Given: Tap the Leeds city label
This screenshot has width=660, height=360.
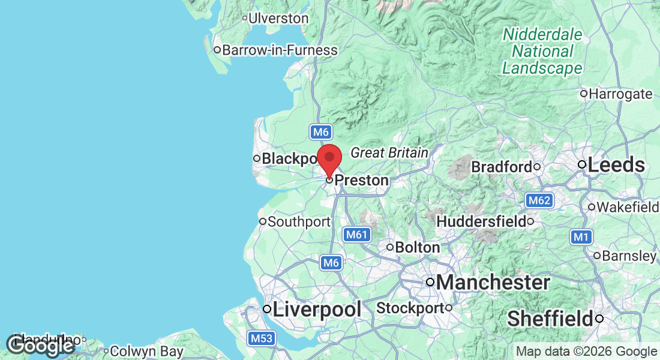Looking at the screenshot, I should (x=616, y=165).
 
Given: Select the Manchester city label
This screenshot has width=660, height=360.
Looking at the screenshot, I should (x=493, y=282).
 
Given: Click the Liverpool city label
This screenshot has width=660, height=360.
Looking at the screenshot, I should (x=317, y=310).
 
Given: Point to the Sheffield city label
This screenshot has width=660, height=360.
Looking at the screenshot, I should (x=550, y=319).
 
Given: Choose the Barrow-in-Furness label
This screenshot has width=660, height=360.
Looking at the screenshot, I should (x=280, y=50).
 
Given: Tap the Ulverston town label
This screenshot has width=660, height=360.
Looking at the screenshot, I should (x=278, y=18).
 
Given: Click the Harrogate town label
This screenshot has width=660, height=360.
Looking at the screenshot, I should (x=620, y=94).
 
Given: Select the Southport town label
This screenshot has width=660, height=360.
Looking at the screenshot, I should (x=299, y=222).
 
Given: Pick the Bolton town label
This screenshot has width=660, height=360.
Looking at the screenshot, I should (x=418, y=247).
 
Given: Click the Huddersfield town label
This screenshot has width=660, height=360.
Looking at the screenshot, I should (x=481, y=222).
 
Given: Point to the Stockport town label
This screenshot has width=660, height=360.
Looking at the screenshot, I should (x=410, y=308).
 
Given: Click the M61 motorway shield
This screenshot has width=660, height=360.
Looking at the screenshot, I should (x=356, y=235).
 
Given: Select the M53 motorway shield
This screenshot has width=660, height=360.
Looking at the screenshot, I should (x=262, y=338).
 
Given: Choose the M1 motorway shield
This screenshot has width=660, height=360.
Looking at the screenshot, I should (x=580, y=237).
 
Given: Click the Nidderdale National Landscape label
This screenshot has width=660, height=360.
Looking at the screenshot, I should (x=542, y=52).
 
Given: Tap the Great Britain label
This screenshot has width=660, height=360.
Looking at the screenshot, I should (x=389, y=153).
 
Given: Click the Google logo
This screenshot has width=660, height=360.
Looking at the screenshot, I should (x=40, y=346).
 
